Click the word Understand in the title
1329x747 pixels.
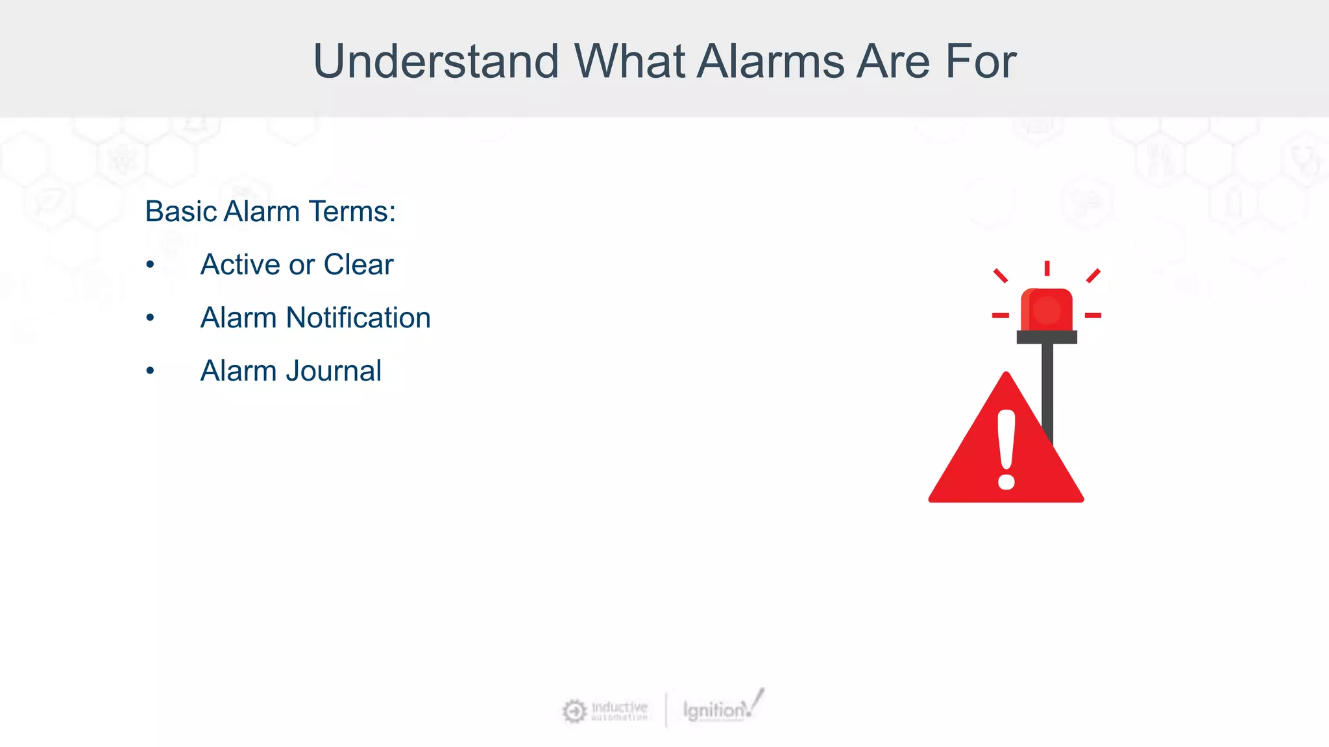pos(435,62)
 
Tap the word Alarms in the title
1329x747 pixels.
pos(771,62)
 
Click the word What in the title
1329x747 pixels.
pos(629,62)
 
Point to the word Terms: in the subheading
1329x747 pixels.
pos(352,211)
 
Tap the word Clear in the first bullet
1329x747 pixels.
pos(358,265)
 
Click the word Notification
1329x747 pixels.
pos(358,318)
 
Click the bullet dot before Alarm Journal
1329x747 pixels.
pos(150,371)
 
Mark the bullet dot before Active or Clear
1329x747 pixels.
pos(150,265)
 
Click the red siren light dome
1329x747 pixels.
pos(1046,310)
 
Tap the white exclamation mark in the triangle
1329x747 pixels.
pos(1006,449)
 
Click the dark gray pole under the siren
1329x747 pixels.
pos(1047,383)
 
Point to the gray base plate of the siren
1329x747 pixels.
pos(1046,337)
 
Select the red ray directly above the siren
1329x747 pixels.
pos(1047,268)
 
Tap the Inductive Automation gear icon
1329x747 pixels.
pos(574,711)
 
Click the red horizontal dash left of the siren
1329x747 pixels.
pos(1000,315)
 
